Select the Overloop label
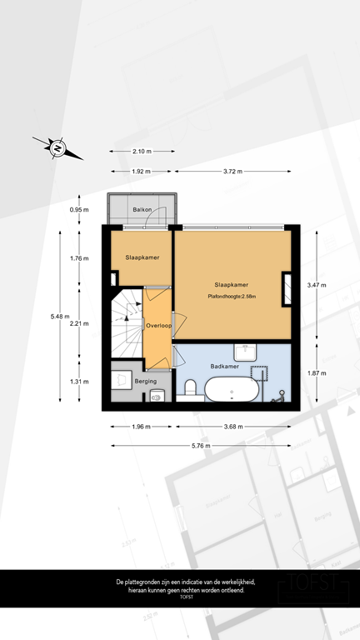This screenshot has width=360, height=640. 157,326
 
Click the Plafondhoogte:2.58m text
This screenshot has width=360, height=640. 232,296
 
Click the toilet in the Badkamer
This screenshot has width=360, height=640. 190,388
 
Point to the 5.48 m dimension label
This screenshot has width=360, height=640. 57,317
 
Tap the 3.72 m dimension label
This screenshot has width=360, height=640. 232,172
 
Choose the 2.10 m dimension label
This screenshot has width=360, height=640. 142,151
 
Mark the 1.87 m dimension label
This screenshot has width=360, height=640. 317,373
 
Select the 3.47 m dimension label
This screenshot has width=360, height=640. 317,284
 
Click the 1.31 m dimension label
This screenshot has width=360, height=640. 79,382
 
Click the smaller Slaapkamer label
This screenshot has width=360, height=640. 142,258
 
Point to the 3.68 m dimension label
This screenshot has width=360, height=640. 232,427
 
